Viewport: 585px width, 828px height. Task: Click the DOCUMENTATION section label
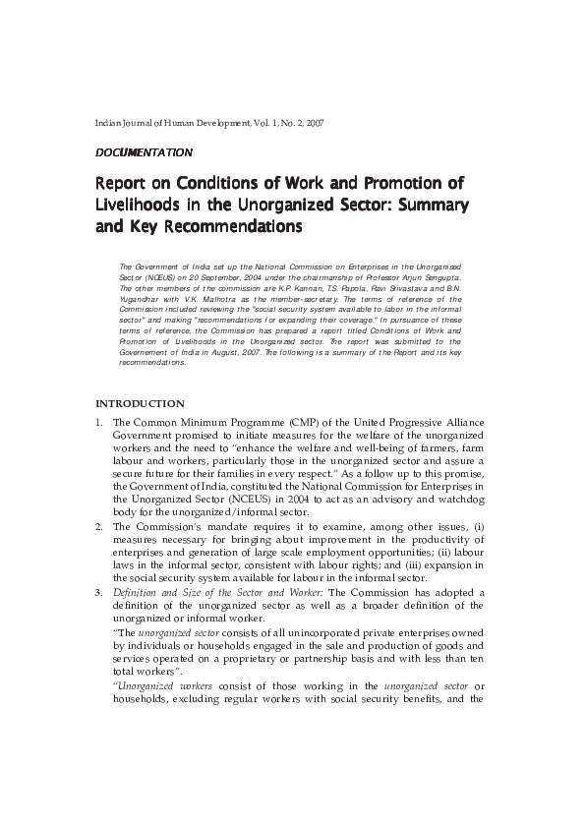(x=143, y=152)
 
